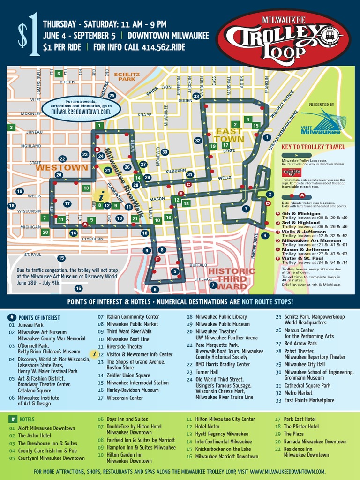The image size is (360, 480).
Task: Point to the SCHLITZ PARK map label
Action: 127,77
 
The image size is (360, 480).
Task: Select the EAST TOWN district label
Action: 229,135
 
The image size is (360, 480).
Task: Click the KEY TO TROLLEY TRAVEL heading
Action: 313,147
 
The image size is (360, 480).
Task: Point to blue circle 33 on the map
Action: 197,96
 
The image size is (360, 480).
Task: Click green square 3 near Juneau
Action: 11,127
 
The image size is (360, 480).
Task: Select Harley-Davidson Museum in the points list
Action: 133,390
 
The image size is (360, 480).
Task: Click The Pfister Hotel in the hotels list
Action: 301,427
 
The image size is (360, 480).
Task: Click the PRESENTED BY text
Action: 322,105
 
